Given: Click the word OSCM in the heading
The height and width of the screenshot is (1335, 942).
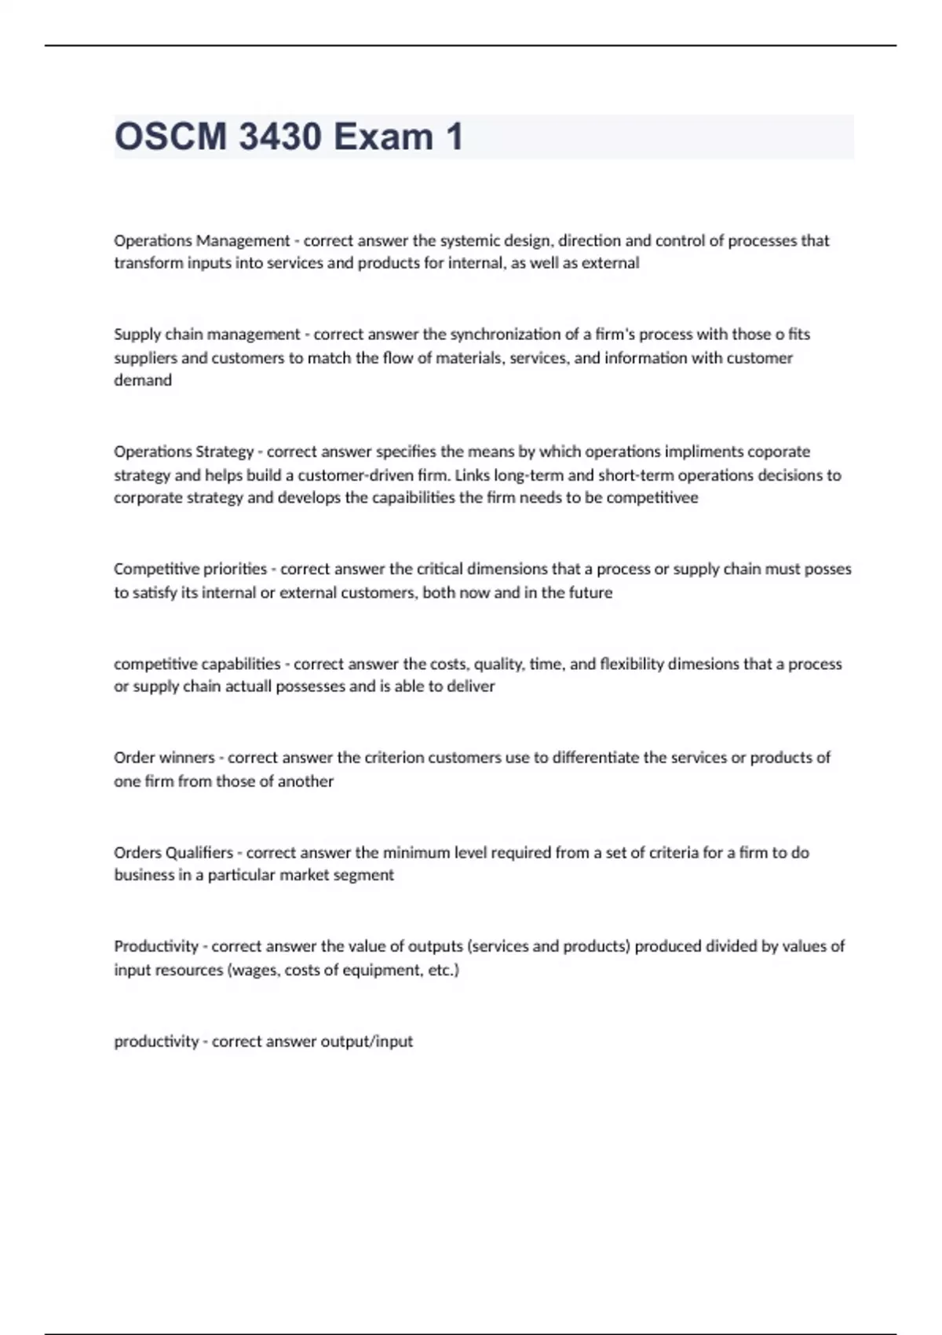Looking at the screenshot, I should [x=170, y=137].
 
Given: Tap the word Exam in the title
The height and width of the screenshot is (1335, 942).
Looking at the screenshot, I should [x=383, y=137].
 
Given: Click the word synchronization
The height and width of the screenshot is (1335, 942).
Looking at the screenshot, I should [x=506, y=335].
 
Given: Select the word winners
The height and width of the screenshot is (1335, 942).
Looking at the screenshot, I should [x=187, y=758].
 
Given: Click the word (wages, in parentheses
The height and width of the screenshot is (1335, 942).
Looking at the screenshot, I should [x=254, y=970].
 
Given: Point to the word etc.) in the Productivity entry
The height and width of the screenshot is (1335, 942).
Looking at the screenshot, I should [x=444, y=970].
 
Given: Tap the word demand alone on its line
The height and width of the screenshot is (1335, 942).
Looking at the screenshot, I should [x=143, y=380].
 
